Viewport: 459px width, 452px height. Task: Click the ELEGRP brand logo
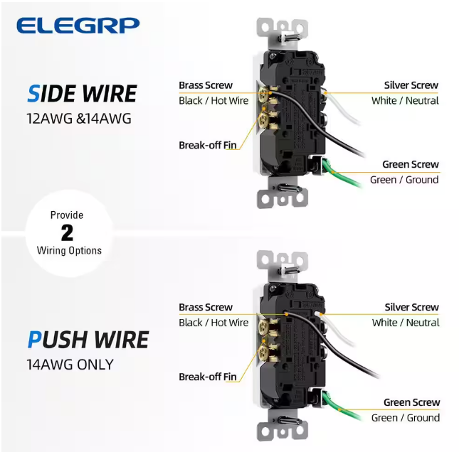click(x=78, y=26)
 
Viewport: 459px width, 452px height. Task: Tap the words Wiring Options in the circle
click(x=69, y=250)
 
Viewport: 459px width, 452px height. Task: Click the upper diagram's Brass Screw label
click(x=205, y=85)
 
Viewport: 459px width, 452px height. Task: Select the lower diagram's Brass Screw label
click(x=205, y=307)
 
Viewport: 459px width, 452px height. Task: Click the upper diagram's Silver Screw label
click(x=411, y=85)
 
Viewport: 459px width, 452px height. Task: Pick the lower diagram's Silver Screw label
click(x=411, y=307)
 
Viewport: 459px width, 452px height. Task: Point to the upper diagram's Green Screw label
click(x=411, y=164)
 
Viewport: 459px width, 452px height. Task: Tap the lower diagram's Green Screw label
click(x=411, y=402)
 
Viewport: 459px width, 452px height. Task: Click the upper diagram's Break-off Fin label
click(x=207, y=145)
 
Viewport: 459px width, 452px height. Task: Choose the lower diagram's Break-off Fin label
click(x=207, y=377)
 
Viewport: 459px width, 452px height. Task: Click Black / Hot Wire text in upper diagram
click(x=213, y=101)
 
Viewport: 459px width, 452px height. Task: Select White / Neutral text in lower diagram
click(x=406, y=323)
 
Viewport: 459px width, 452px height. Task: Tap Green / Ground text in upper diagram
click(x=404, y=180)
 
